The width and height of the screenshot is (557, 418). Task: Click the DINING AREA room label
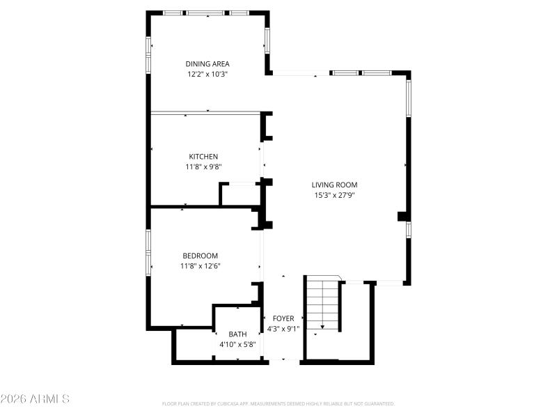click(207, 64)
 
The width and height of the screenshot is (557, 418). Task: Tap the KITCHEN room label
click(203, 157)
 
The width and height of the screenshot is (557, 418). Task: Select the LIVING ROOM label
click(334, 185)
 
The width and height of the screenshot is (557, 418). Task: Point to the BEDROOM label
click(201, 256)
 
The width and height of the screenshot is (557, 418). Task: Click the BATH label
click(237, 334)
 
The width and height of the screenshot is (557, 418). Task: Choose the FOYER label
click(283, 319)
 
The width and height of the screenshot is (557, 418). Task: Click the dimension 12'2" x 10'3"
click(207, 74)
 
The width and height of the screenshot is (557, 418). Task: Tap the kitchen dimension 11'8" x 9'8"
click(203, 167)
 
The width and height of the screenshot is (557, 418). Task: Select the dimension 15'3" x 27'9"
click(334, 195)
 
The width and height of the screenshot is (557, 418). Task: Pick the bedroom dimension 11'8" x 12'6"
click(201, 265)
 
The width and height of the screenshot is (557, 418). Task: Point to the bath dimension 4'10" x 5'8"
click(237, 344)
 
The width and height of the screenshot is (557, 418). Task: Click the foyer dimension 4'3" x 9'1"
click(283, 329)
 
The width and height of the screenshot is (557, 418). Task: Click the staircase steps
click(322, 300)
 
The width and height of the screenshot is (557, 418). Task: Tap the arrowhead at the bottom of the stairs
click(322, 327)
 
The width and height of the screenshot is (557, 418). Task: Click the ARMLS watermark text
click(35, 399)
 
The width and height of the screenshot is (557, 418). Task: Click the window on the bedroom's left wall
click(148, 251)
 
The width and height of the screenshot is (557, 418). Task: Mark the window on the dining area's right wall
click(267, 40)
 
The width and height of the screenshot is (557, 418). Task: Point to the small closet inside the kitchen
click(239, 194)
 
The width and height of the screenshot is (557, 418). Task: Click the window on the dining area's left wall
click(148, 54)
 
